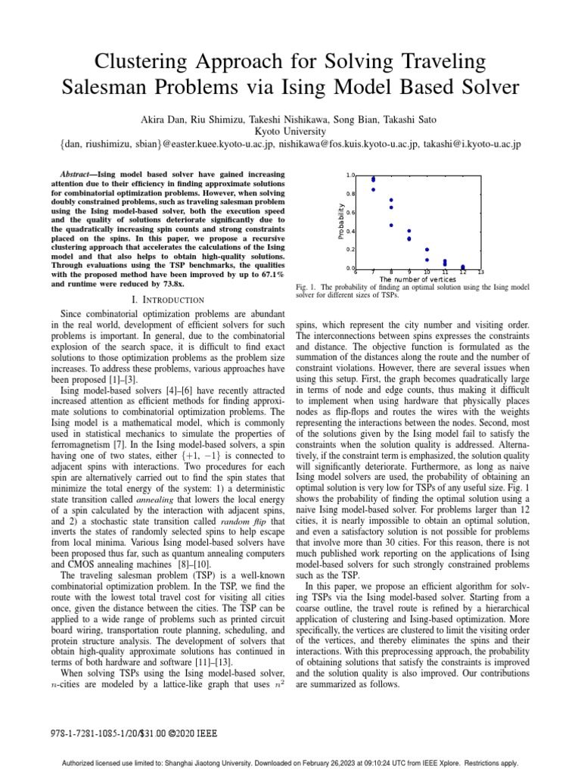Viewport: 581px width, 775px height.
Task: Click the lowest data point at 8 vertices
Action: click(391, 225)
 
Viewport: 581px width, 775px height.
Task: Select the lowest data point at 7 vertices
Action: click(373, 189)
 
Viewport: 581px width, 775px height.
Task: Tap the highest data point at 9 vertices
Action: click(409, 231)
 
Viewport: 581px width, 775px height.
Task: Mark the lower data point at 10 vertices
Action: click(427, 260)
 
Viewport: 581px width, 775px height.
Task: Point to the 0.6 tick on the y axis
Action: click(350, 213)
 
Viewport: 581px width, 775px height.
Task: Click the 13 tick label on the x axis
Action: click(480, 272)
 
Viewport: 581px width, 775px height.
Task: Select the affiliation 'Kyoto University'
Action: click(290, 131)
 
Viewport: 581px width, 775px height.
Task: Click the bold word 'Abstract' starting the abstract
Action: click(79, 173)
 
